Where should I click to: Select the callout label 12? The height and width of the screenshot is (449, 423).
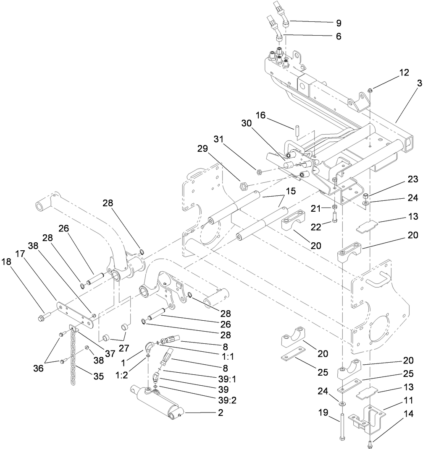click(x=392, y=73)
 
